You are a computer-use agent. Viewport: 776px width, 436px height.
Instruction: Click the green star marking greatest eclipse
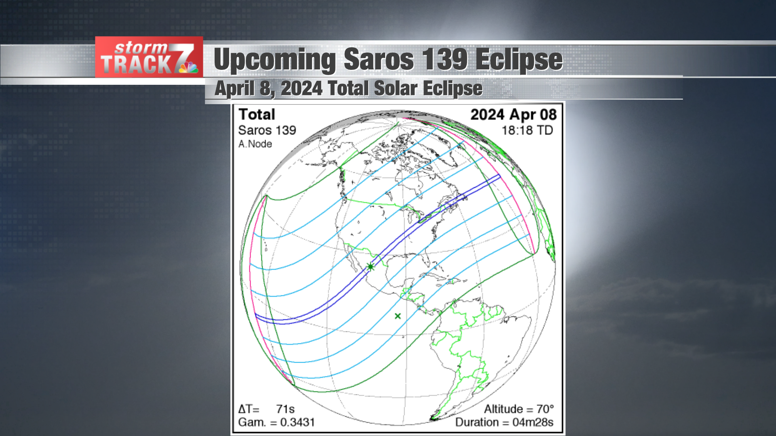pos(370,266)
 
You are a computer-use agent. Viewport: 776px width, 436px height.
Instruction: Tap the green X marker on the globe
pos(398,316)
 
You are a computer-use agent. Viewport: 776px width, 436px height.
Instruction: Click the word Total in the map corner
pos(257,115)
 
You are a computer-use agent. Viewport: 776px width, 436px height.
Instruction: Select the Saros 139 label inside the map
pos(267,130)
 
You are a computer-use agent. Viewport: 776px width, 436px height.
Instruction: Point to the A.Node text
pos(255,144)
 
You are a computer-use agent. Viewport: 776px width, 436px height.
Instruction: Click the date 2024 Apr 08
pos(513,115)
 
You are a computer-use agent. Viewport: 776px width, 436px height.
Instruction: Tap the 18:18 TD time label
pos(527,130)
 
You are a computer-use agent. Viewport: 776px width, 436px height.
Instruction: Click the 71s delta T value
pos(285,409)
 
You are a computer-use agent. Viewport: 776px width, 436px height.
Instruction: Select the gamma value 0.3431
pos(297,422)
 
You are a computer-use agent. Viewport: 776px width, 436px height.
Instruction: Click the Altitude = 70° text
pos(519,409)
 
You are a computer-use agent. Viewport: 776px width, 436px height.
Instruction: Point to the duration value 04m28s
pos(533,422)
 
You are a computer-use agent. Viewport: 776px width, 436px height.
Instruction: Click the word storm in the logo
pos(141,48)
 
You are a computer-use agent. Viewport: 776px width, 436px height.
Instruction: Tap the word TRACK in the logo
pos(136,65)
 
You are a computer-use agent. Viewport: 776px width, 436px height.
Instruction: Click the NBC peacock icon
pos(188,67)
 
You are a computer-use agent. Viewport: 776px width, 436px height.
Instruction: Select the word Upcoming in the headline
pos(274,60)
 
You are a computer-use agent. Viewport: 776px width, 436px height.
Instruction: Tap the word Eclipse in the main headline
pos(519,60)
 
